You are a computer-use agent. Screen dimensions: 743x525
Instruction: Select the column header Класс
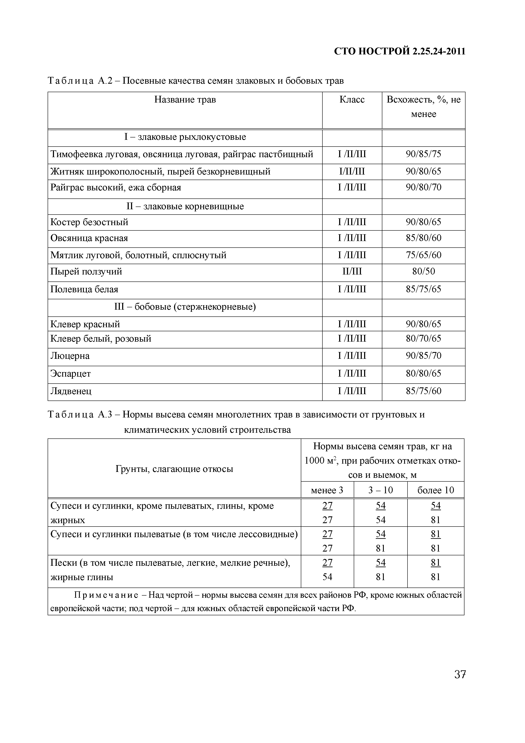(352, 100)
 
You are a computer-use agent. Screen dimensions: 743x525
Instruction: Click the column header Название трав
(185, 100)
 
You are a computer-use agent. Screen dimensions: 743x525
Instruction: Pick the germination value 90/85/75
(423, 154)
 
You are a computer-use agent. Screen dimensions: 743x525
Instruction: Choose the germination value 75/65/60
(423, 255)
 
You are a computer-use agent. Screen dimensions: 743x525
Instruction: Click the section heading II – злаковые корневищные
(185, 207)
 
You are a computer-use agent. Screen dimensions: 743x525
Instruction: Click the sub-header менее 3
(327, 490)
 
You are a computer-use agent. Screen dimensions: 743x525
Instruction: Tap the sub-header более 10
(435, 490)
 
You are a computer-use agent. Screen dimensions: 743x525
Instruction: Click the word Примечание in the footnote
(106, 595)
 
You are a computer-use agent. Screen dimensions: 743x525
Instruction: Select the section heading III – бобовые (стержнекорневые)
(185, 307)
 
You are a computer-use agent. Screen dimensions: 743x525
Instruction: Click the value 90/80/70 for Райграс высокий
(423, 188)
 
